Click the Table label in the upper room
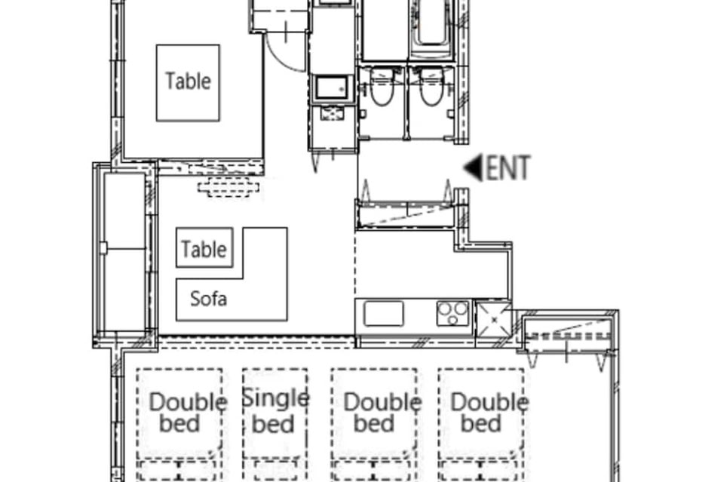[x=188, y=81]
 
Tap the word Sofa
[x=208, y=299]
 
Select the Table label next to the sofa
[x=204, y=250]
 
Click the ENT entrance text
[x=507, y=168]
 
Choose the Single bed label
[x=275, y=411]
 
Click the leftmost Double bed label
[x=188, y=413]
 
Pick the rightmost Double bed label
[x=489, y=413]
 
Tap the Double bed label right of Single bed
[x=382, y=413]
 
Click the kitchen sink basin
[x=383, y=314]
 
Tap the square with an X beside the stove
[x=493, y=319]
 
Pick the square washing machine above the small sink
[x=332, y=89]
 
